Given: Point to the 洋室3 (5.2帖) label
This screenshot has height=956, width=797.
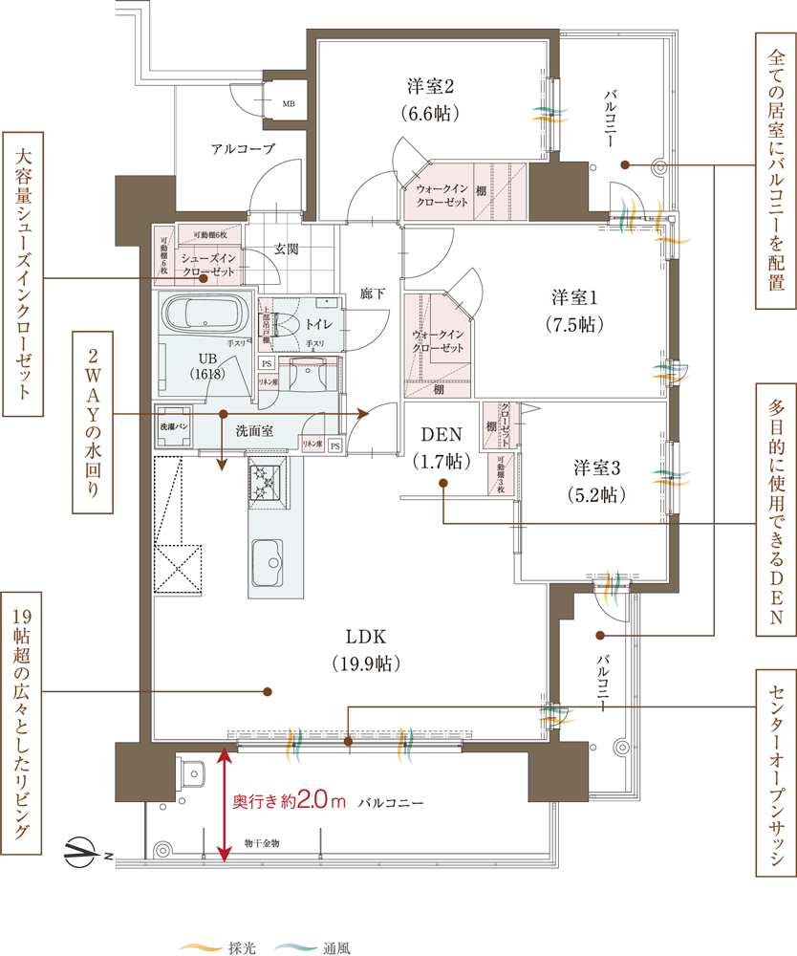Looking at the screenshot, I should (597, 481).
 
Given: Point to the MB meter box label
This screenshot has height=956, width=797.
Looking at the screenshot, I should (288, 102).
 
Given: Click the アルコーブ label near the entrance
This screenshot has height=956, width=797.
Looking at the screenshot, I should (243, 149).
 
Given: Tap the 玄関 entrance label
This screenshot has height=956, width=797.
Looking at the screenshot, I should (287, 249).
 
